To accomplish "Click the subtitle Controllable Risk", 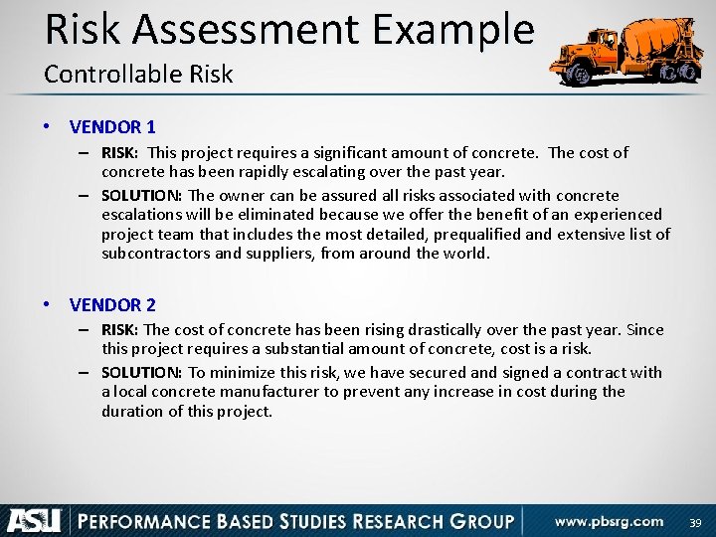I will point(138,75).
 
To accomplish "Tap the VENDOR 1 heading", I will point(112,127).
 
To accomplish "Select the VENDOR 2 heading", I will point(112,305).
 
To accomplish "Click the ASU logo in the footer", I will point(35,521).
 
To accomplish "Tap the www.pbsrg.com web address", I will point(609,521).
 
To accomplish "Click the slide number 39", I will point(695,522).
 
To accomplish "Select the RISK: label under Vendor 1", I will point(121,153).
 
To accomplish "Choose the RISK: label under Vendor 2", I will point(121,330).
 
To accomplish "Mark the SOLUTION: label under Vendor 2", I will point(141,373).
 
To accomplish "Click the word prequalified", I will point(473,235).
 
